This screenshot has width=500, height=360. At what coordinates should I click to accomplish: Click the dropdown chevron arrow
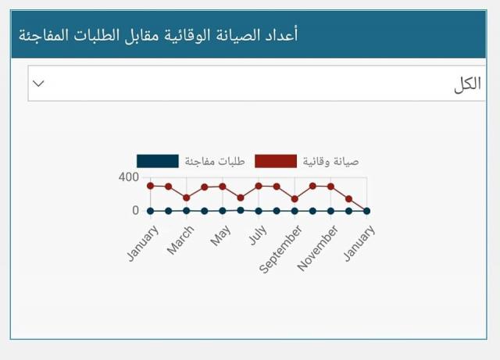click(38, 84)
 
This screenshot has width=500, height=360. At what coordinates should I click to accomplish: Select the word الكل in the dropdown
click(467, 84)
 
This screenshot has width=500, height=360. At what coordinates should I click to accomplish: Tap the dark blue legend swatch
click(158, 161)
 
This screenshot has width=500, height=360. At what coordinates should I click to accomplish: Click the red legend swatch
click(276, 161)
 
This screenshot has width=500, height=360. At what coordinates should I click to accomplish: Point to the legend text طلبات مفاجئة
click(215, 162)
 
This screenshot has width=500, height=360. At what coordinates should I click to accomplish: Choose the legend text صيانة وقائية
click(330, 162)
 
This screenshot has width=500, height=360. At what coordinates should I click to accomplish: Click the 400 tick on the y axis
click(128, 177)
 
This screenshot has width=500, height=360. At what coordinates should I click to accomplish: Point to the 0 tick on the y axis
click(135, 210)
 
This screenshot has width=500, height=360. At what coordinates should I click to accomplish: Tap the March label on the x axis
click(180, 240)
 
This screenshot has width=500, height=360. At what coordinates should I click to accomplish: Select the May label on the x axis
click(220, 236)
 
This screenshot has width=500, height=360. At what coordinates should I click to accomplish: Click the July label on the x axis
click(258, 235)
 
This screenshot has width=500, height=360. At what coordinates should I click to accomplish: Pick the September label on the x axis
click(280, 249)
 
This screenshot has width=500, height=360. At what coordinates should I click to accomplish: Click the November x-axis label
click(317, 248)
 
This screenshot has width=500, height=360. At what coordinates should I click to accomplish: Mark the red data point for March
click(187, 198)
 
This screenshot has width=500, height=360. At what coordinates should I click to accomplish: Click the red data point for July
click(259, 186)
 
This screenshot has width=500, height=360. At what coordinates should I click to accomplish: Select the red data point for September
click(295, 199)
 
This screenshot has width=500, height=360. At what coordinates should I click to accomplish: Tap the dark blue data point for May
click(223, 211)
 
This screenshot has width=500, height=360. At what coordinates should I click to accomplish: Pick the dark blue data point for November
click(330, 211)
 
